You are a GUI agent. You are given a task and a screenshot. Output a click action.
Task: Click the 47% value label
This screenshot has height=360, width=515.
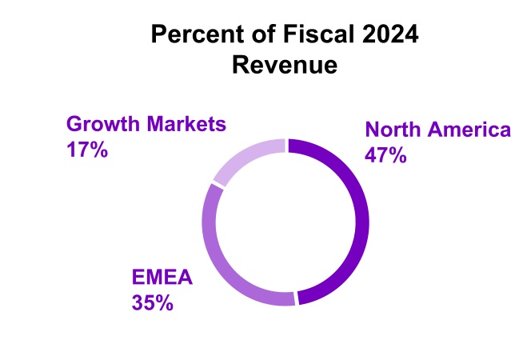(x=386, y=155)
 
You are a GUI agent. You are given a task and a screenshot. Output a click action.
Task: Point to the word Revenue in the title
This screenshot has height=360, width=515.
(x=285, y=65)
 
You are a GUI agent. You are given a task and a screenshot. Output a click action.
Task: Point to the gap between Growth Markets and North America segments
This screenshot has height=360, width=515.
(x=286, y=146)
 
